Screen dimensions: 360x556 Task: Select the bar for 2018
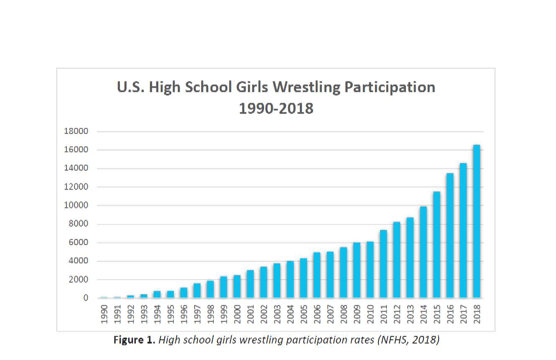477,221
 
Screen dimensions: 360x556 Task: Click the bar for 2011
383,264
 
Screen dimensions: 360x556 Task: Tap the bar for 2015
437,245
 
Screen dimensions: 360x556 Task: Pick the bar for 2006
317,275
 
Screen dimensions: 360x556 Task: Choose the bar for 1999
223,287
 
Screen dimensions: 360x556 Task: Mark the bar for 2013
410,258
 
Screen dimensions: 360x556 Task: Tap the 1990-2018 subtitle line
276,108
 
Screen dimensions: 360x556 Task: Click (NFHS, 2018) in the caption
408,340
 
